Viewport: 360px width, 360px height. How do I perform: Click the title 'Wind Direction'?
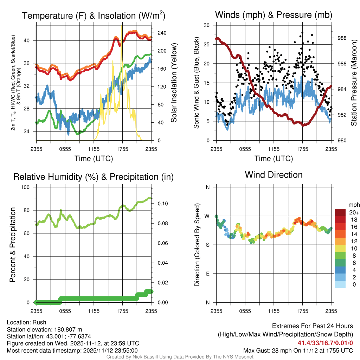click(274, 175)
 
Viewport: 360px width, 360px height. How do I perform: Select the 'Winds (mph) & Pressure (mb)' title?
click(274, 15)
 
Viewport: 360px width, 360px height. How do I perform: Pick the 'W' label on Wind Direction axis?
click(208, 216)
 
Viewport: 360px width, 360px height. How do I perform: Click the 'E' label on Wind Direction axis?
click(208, 274)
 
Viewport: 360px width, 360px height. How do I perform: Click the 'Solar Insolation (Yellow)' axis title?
click(174, 83)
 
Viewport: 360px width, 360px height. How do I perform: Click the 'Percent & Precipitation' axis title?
click(13, 245)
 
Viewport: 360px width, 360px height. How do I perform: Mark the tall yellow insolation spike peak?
click(122, 26)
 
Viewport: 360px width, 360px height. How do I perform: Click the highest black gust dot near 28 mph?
click(302, 33)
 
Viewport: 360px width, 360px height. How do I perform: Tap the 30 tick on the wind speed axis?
click(207, 25)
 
